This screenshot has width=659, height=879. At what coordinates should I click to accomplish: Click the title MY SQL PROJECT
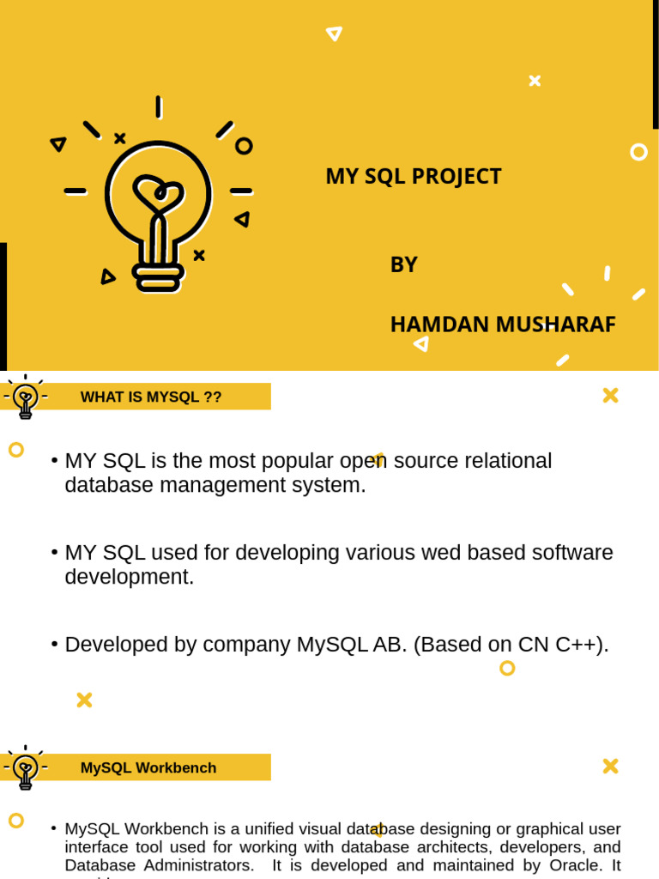(413, 176)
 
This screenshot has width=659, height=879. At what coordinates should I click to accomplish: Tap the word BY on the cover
(403, 264)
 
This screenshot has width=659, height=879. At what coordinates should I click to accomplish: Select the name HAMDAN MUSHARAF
(502, 324)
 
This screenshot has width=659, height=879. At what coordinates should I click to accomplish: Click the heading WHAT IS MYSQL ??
(151, 397)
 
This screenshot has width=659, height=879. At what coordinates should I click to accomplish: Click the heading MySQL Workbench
(148, 767)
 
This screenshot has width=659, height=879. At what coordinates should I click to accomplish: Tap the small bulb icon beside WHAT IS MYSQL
(26, 397)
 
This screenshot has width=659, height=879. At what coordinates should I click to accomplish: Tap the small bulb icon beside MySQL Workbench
(26, 768)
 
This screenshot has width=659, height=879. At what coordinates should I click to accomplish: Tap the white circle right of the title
(638, 152)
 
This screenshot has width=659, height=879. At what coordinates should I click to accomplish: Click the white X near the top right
(535, 81)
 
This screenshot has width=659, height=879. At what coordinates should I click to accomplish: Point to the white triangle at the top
(334, 33)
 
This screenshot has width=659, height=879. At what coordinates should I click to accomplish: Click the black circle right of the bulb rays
(244, 146)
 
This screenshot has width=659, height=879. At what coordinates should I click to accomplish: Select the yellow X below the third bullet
(84, 700)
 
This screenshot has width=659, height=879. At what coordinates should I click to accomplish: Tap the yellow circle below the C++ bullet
(507, 668)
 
